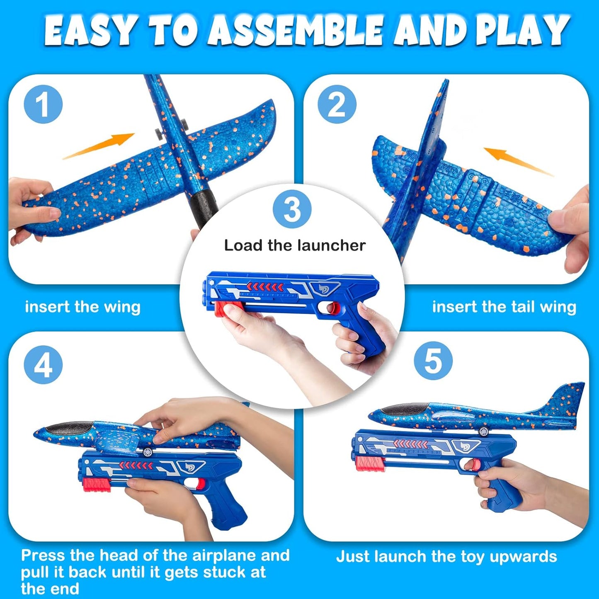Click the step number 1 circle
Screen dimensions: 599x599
click(x=43, y=104)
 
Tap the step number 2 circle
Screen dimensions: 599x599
click(x=337, y=104)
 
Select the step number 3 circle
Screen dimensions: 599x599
click(x=292, y=209)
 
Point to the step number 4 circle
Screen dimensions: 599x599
click(x=43, y=365)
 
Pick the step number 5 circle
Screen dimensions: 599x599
click(x=433, y=361)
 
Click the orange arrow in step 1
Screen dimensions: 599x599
click(x=99, y=146)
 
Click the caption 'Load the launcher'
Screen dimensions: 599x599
click(x=295, y=245)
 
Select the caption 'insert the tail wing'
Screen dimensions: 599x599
click(x=504, y=307)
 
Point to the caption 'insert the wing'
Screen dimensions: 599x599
click(x=83, y=307)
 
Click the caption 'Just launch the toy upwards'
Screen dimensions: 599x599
click(x=446, y=557)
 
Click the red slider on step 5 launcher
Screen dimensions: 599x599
click(x=365, y=463)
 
